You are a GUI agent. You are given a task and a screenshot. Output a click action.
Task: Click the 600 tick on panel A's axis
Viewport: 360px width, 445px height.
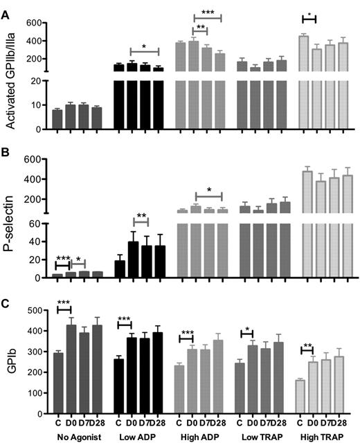pos(37,23)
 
